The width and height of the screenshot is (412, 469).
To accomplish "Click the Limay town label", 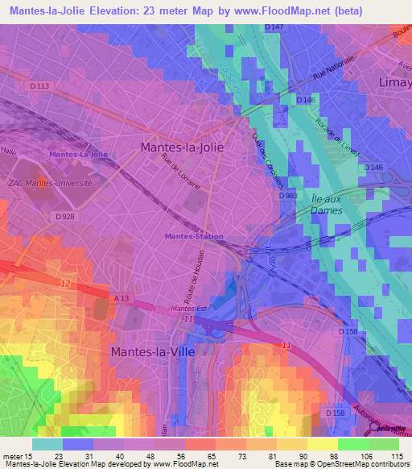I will (x=394, y=82).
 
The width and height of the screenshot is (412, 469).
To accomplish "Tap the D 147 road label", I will (x=274, y=27).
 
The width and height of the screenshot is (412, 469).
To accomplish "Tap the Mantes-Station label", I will (x=193, y=236).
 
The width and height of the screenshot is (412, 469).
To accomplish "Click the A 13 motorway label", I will (x=122, y=298).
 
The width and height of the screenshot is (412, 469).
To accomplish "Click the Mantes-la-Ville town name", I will (x=152, y=351).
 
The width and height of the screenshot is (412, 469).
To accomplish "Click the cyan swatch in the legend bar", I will (x=47, y=444).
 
